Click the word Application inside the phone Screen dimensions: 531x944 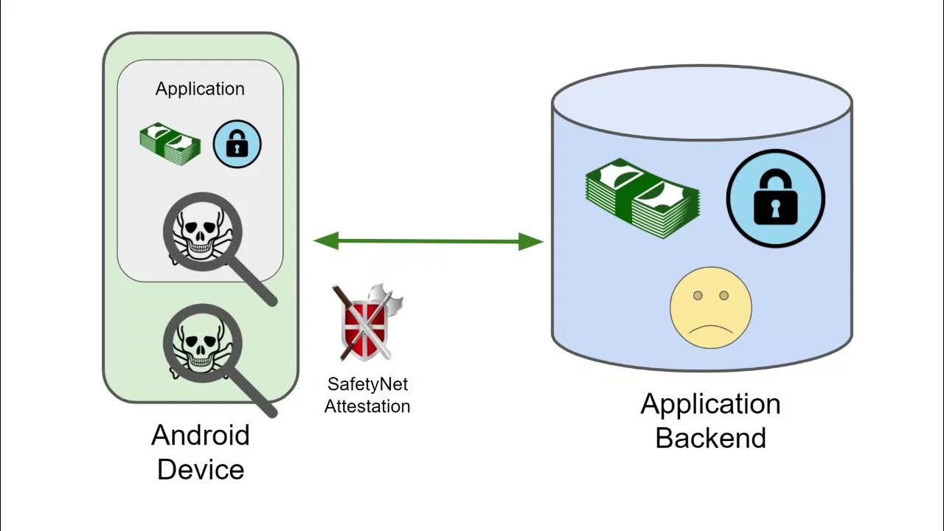coord(200,89)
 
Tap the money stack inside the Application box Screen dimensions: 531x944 coord(170,143)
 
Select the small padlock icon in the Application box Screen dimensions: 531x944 coord(237,143)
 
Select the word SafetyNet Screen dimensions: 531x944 coord(367,384)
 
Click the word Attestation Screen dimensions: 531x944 coord(367,406)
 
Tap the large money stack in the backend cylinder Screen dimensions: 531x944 coord(642,198)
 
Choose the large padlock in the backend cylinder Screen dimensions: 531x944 coord(775,198)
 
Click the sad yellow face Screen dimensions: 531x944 coord(710,308)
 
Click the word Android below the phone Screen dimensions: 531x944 coord(201,435)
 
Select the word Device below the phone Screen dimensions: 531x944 coord(201,469)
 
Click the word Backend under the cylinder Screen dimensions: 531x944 coord(711,438)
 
